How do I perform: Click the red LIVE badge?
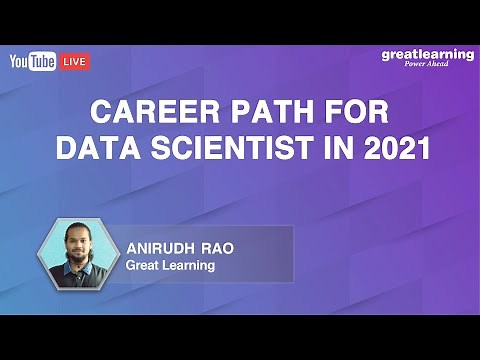(75, 62)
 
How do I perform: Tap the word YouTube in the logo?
(33, 62)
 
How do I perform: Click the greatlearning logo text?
(427, 54)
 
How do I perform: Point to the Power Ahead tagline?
(432, 66)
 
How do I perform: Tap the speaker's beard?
(80, 258)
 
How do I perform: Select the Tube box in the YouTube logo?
(42, 62)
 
